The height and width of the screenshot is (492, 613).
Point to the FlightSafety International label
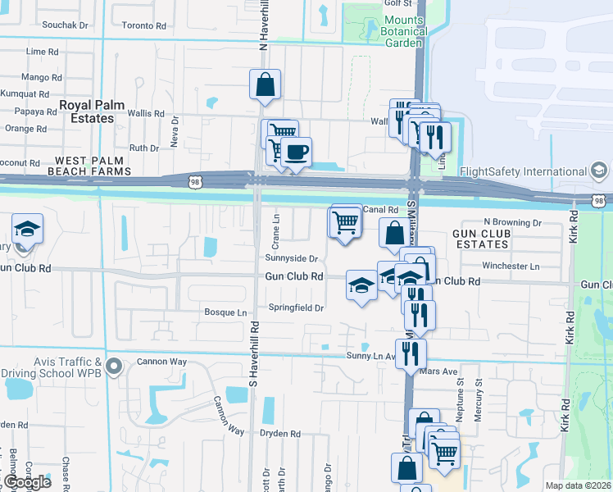(530, 171)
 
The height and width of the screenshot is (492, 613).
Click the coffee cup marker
(296, 152)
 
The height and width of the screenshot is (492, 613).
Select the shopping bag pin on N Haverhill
(266, 84)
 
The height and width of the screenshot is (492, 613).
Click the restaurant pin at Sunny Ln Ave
(411, 353)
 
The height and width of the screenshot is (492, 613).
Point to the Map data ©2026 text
(578, 485)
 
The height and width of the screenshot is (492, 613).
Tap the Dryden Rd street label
(280, 433)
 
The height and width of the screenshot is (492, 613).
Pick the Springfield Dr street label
(297, 308)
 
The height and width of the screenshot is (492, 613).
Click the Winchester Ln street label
(511, 266)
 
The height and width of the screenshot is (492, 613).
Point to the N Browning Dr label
(513, 222)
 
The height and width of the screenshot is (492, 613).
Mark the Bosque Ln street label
(225, 312)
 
